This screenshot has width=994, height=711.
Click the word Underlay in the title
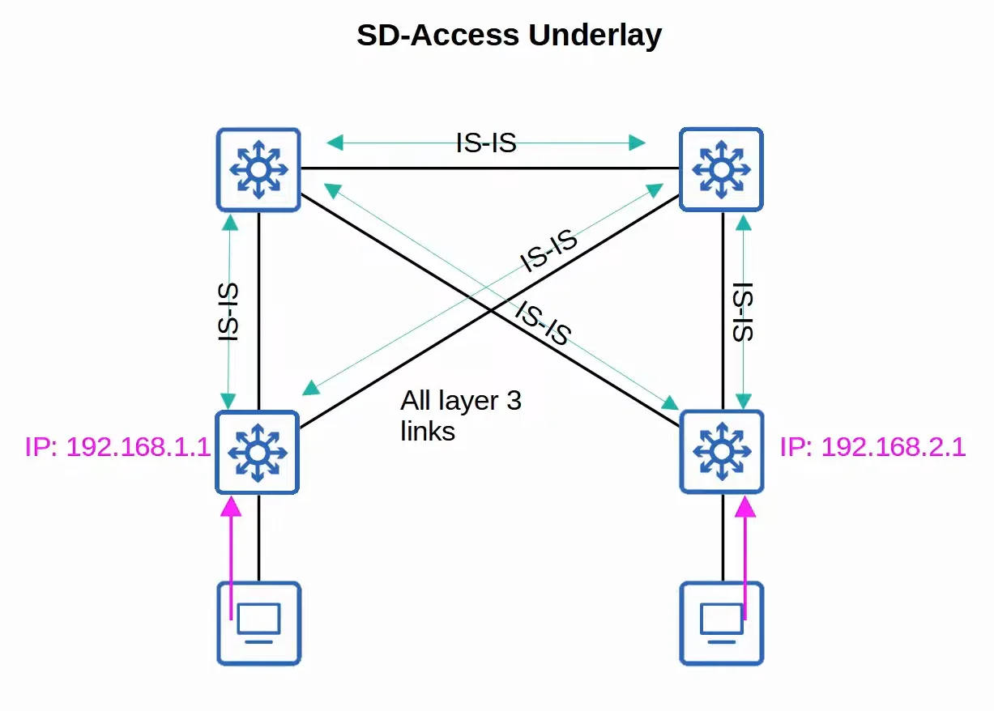tap(595, 36)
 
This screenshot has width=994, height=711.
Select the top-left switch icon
tap(258, 169)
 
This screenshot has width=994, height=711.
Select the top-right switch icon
tap(721, 169)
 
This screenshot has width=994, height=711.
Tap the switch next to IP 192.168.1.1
tap(258, 453)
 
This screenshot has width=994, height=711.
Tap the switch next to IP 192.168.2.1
tap(722, 452)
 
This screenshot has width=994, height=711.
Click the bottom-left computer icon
tap(259, 624)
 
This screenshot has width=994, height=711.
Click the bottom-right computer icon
tap(722, 624)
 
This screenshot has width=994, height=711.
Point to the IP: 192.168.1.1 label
tap(117, 446)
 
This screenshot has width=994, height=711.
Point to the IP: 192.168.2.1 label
tap(872, 446)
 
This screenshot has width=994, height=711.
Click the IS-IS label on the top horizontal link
tap(486, 143)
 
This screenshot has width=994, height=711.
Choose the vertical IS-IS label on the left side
tap(228, 312)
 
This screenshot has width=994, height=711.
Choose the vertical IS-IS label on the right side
tap(743, 312)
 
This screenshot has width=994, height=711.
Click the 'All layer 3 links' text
tap(461, 415)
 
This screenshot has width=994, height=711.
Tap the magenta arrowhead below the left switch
tap(231, 507)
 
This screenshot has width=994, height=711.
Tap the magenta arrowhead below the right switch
tap(745, 507)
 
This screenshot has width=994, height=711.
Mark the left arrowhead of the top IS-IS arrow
tap(335, 143)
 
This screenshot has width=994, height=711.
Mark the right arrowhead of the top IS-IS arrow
tap(638, 143)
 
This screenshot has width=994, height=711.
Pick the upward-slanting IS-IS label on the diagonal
tap(548, 251)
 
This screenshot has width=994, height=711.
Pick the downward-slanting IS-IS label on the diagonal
tap(543, 322)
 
